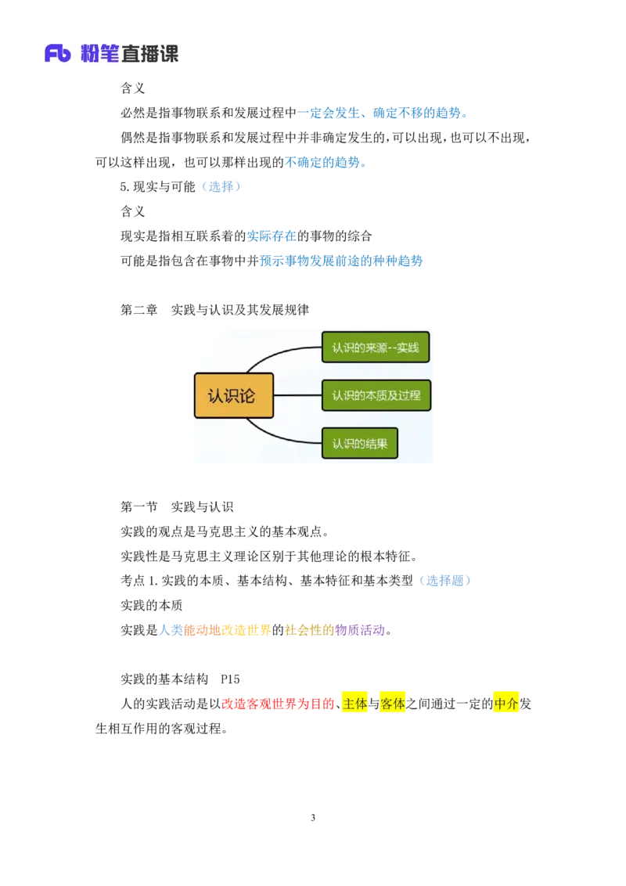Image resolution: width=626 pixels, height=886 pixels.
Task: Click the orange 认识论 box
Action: tap(234, 395)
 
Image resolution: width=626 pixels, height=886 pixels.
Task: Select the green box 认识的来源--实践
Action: tap(376, 348)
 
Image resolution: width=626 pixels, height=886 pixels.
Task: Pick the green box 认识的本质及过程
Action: tap(376, 395)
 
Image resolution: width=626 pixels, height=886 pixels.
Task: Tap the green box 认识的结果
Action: tap(360, 443)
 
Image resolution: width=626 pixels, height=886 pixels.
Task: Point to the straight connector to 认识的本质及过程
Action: tap(297, 395)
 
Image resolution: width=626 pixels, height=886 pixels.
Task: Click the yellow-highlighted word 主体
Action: tap(354, 704)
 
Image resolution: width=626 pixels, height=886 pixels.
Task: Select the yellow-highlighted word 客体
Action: tap(392, 704)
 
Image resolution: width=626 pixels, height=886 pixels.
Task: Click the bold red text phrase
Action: tap(278, 704)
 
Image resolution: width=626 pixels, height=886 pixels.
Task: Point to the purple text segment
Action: tap(361, 630)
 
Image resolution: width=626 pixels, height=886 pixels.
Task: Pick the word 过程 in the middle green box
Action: tap(408, 395)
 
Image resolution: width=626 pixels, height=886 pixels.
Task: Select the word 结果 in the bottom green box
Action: tap(376, 443)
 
